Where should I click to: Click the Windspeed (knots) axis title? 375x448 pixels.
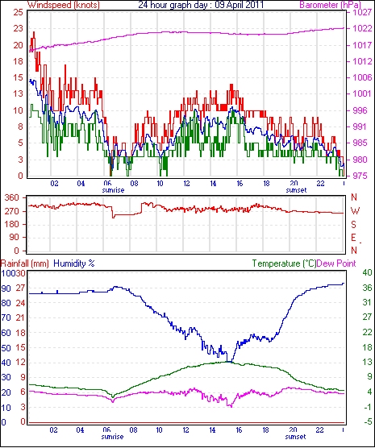click(x=64, y=5)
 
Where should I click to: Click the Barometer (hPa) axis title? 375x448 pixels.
click(x=331, y=5)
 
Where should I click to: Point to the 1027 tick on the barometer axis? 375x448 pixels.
click(x=362, y=12)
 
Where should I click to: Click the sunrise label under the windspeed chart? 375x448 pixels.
click(x=113, y=190)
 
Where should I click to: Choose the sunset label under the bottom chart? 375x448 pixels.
click(x=295, y=437)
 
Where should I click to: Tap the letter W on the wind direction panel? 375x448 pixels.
click(x=355, y=211)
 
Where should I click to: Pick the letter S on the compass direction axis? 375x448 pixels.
click(x=353, y=225)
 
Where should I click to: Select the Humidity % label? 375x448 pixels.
click(x=74, y=263)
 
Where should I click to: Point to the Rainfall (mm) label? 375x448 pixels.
click(x=25, y=263)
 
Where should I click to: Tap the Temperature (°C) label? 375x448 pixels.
click(x=284, y=263)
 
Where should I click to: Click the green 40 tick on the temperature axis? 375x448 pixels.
click(x=367, y=272)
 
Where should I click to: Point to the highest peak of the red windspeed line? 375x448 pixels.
click(x=34, y=32)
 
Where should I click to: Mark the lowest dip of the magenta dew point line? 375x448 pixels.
click(x=231, y=406)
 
